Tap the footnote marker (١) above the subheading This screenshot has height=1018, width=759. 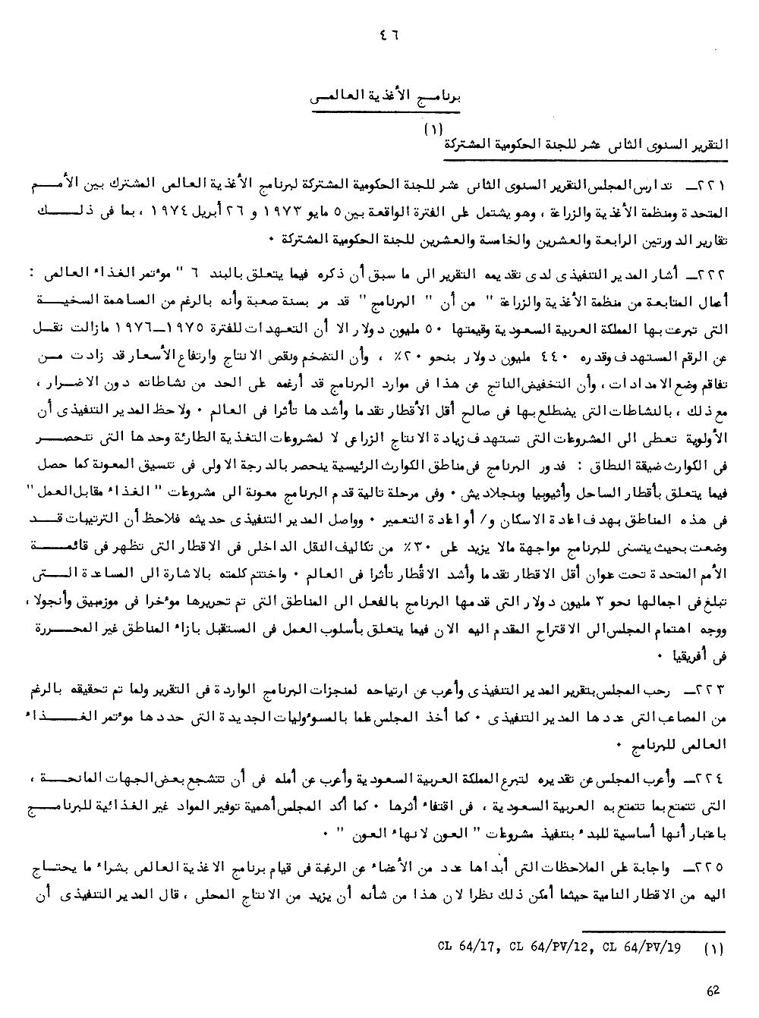433,130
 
